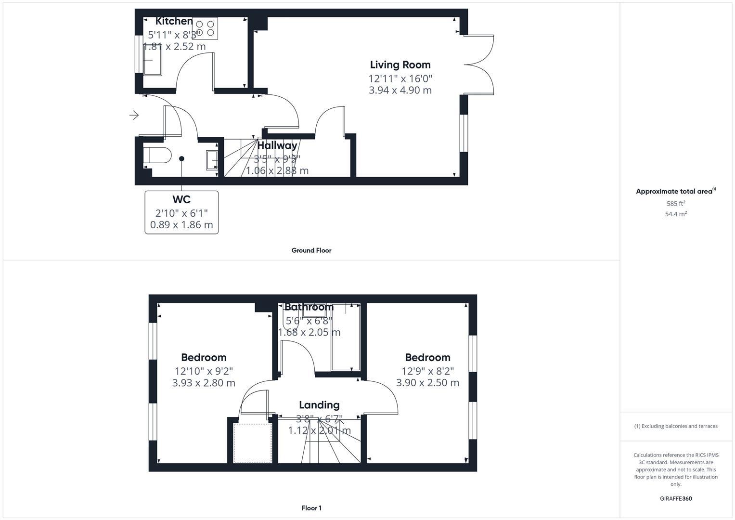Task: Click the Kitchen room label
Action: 174,21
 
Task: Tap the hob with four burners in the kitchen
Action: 205,28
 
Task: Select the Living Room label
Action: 400,65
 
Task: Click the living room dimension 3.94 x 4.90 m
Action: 400,90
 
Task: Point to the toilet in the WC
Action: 156,156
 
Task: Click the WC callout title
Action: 181,199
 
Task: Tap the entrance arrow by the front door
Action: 134,115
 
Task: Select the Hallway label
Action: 277,145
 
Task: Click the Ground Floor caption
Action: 311,250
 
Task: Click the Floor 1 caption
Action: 311,508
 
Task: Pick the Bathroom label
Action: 309,307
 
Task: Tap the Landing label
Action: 319,405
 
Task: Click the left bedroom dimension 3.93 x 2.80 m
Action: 204,383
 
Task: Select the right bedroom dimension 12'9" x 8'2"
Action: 427,371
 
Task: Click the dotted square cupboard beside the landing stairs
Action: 253,443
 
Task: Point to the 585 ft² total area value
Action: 676,203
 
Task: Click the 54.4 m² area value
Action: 676,214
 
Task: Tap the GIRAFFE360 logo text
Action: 676,499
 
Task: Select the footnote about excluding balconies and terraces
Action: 676,426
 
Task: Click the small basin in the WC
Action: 212,160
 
